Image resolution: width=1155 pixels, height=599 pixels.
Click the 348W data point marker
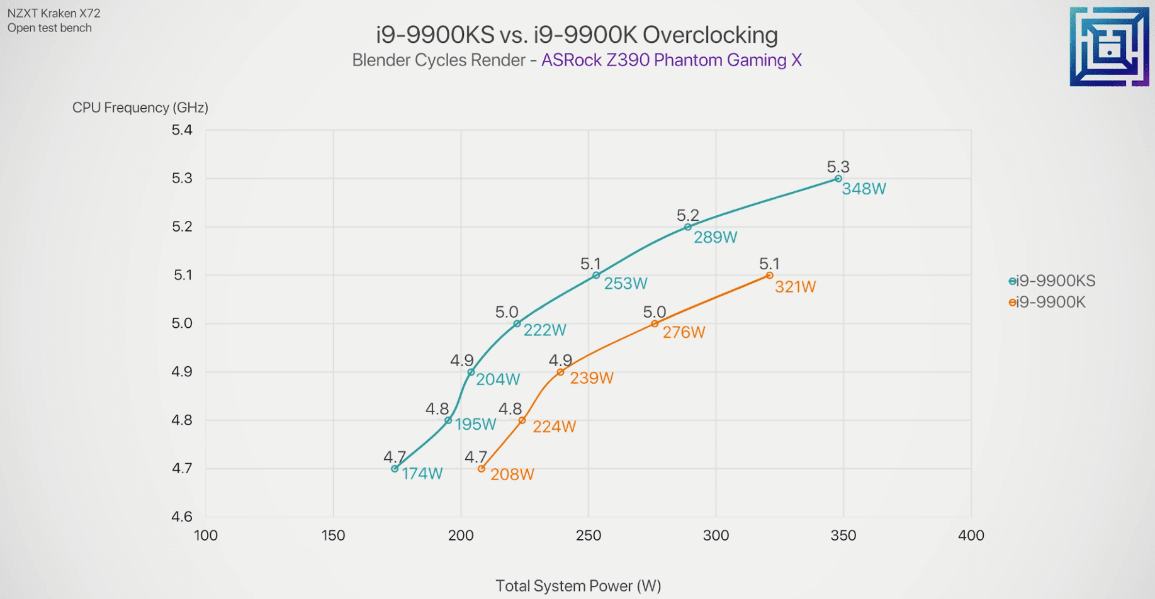pyautogui.click(x=838, y=179)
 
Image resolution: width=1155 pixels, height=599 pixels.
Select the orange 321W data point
pyautogui.click(x=769, y=276)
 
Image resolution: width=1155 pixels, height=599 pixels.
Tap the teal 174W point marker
pyautogui.click(x=395, y=469)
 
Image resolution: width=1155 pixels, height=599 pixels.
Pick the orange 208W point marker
pyautogui.click(x=482, y=469)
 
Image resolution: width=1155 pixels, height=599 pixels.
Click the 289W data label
pyautogui.click(x=715, y=237)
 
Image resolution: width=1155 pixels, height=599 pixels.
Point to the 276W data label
pyautogui.click(x=684, y=332)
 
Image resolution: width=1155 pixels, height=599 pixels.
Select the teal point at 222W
pyautogui.click(x=517, y=324)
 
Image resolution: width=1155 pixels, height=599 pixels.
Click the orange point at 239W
pyautogui.click(x=560, y=372)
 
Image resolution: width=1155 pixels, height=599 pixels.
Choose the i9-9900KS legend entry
pyautogui.click(x=1052, y=281)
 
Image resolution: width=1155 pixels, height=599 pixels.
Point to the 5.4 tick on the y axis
pyautogui.click(x=182, y=130)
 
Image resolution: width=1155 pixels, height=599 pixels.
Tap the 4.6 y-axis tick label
pyautogui.click(x=182, y=517)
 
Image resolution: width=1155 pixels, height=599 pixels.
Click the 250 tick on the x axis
pyautogui.click(x=589, y=535)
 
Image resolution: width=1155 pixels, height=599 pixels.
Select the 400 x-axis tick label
pyautogui.click(x=971, y=535)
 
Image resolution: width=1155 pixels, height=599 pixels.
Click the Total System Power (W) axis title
pyautogui.click(x=578, y=586)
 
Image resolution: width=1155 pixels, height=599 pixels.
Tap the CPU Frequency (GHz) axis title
pyautogui.click(x=140, y=108)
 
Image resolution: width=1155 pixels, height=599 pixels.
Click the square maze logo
pyautogui.click(x=1109, y=47)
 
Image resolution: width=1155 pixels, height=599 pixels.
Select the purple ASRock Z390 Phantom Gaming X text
pyautogui.click(x=671, y=60)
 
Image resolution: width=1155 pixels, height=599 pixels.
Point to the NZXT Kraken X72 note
pyautogui.click(x=54, y=13)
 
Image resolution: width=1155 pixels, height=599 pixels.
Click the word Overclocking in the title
pyautogui.click(x=709, y=35)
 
